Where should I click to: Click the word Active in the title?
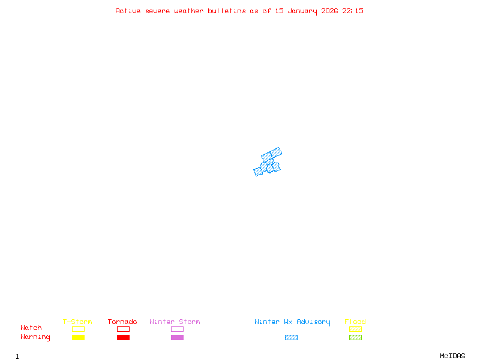pyautogui.click(x=128, y=11)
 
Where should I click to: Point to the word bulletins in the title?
pyautogui.click(x=227, y=11)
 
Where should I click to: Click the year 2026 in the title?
pyautogui.click(x=330, y=11)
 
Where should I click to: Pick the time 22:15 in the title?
pyautogui.click(x=353, y=11)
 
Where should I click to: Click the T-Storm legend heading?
pyautogui.click(x=77, y=322)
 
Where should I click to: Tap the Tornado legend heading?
pyautogui.click(x=122, y=322)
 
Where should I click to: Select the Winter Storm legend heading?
pyautogui.click(x=175, y=322)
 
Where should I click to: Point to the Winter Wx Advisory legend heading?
pyautogui.click(x=292, y=322)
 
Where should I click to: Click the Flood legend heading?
pyautogui.click(x=355, y=322)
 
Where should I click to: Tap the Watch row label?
pyautogui.click(x=31, y=328)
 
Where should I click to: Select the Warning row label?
pyautogui.click(x=35, y=337)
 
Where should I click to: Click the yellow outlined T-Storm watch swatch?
pyautogui.click(x=78, y=329)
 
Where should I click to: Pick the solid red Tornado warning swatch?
pyautogui.click(x=123, y=338)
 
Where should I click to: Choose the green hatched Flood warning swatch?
pyautogui.click(x=355, y=338)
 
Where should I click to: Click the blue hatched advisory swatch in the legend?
pyautogui.click(x=291, y=338)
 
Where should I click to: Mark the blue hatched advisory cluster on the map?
pyautogui.click(x=268, y=163)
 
